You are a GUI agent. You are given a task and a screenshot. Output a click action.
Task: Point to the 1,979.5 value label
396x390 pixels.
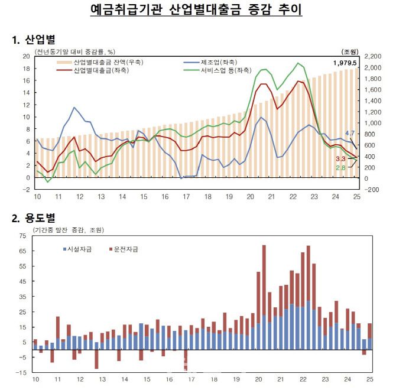pyautogui.click(x=345, y=63)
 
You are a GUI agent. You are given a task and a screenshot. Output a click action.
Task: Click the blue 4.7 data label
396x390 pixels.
pyautogui.click(x=349, y=134)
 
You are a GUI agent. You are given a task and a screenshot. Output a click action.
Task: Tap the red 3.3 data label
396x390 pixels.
pyautogui.click(x=340, y=159)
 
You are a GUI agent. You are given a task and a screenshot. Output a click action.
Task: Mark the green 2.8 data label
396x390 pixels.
pyautogui.click(x=340, y=168)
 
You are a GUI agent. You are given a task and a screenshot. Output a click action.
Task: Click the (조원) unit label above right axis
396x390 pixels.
pyautogui.click(x=350, y=52)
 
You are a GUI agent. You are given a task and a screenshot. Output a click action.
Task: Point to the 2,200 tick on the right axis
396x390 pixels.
pyautogui.click(x=374, y=56)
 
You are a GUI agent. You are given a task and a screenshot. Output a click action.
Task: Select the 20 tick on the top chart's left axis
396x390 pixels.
pyautogui.click(x=26, y=56)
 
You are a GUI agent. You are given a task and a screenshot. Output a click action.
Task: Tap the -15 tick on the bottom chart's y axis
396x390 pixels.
pyautogui.click(x=22, y=372)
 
